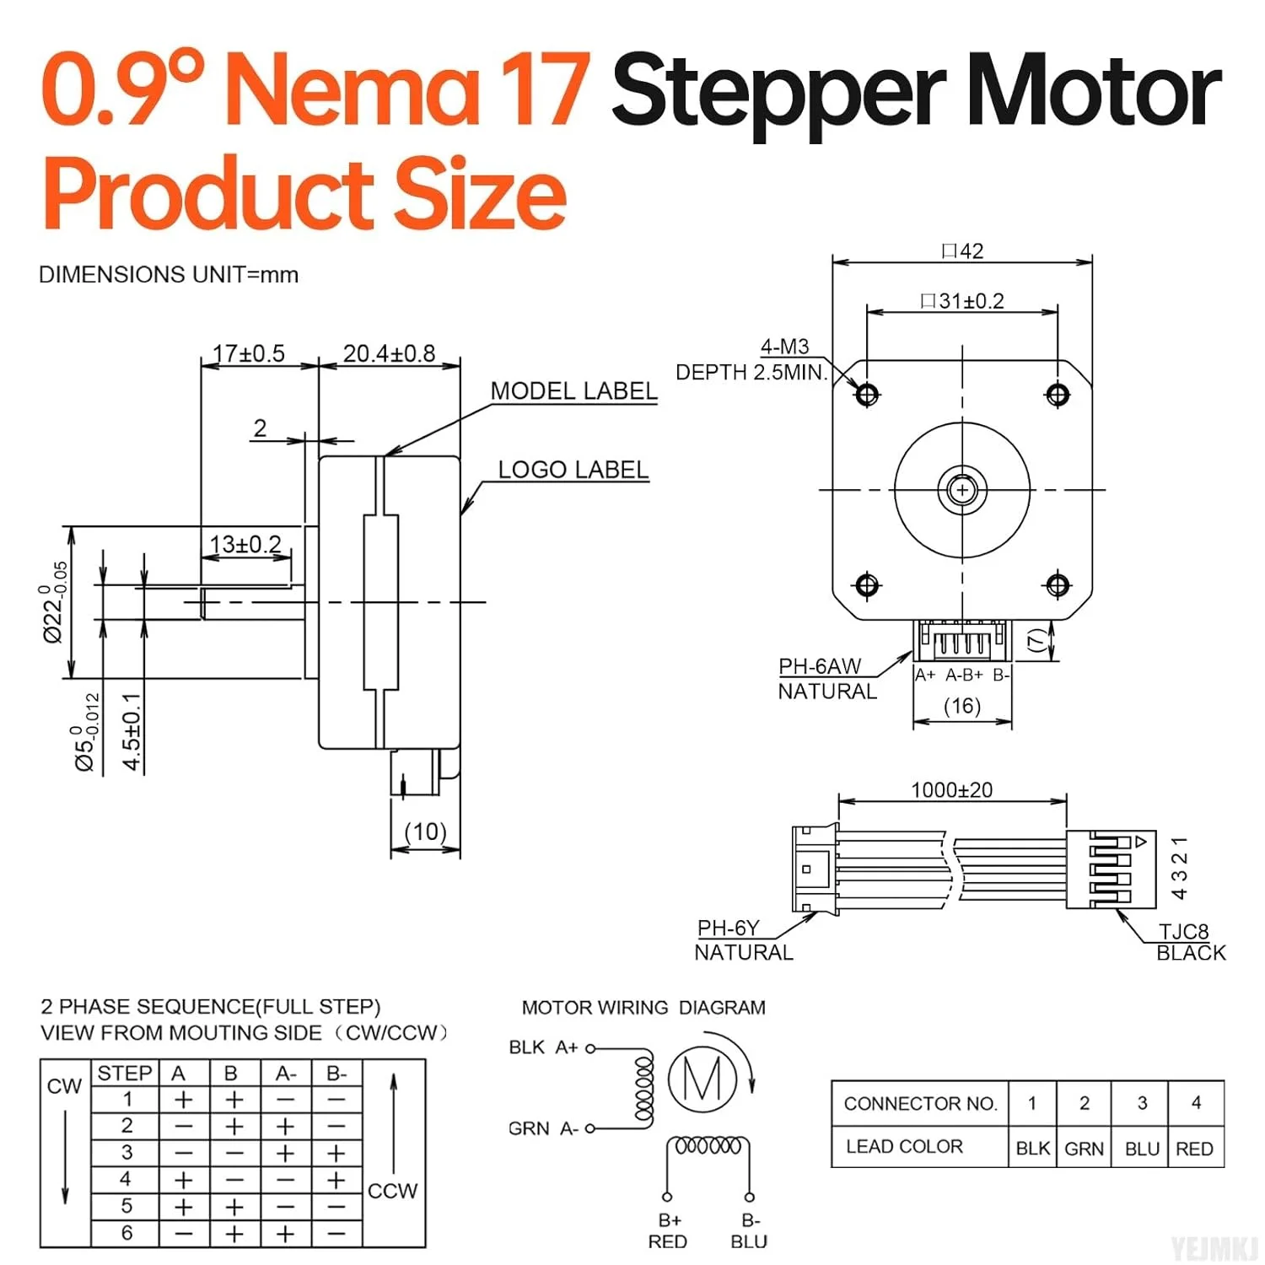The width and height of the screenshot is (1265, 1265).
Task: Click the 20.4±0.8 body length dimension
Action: coord(389,353)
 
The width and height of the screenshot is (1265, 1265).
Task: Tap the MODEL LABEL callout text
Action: coord(573,391)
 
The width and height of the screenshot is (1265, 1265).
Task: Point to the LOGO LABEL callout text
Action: coord(573,470)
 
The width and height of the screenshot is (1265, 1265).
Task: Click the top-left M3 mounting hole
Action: coord(867,394)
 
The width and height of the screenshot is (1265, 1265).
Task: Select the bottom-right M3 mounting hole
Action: coord(1058,584)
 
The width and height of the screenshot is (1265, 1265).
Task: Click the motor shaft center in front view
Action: coord(962,490)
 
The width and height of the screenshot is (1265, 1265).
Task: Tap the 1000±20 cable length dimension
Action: coord(951,790)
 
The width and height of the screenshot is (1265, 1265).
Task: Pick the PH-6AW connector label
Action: coord(820,666)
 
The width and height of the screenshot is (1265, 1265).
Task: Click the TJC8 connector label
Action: coord(1183,931)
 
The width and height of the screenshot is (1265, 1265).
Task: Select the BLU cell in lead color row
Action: coord(1142,1149)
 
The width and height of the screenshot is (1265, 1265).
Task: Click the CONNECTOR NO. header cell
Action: coord(920,1103)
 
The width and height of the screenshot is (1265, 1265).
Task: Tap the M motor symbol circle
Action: coord(702,1079)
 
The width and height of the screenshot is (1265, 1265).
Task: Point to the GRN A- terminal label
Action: coord(543,1128)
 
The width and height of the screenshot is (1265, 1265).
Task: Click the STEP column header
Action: coord(125,1073)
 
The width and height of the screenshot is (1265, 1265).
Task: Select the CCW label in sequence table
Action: coord(393,1191)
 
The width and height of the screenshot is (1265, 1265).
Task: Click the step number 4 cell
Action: coord(126,1179)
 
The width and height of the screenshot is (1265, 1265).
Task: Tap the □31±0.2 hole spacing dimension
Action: coord(962,301)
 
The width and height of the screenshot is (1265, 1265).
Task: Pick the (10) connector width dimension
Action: coord(425,832)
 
